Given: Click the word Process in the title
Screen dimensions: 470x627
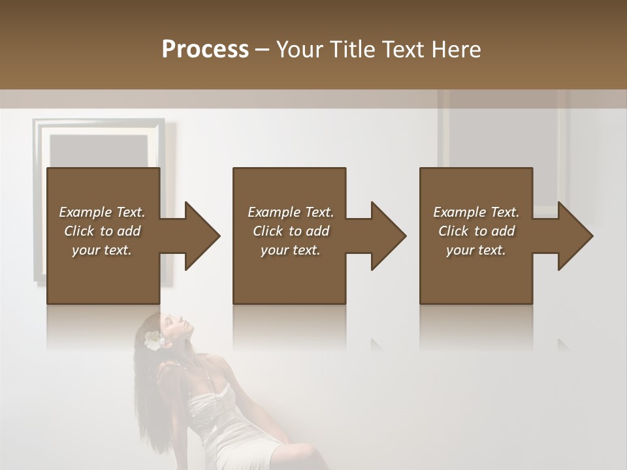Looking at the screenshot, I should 205,50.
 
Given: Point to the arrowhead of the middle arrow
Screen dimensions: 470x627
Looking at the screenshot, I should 388,236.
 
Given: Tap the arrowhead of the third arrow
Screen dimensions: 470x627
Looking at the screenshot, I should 575,236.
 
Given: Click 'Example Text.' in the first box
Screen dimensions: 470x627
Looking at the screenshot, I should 102,212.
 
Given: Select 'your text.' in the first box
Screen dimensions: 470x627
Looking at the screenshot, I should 102,250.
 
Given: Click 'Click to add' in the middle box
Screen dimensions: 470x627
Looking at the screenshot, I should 291,231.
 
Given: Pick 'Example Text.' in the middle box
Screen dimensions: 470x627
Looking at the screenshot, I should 291,212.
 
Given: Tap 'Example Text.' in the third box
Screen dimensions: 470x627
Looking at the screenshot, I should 476,212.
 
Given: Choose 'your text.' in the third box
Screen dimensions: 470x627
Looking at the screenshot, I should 476,250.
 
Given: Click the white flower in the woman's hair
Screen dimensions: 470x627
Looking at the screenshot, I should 153,340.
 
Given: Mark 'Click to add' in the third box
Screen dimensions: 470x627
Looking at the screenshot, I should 476,231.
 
